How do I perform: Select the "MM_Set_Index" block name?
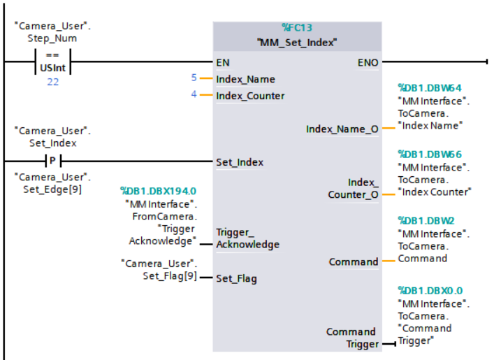(297, 42)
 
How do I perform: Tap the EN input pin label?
(223, 62)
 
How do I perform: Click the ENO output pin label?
(368, 62)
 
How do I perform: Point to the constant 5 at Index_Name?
(194, 78)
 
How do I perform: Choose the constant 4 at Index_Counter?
(194, 95)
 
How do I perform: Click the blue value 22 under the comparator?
(52, 82)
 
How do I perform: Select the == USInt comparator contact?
(52, 62)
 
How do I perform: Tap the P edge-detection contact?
(52, 161)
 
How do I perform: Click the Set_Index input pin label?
(240, 162)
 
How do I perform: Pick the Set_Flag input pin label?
(236, 278)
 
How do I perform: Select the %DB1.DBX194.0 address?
(158, 190)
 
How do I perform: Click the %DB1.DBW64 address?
(430, 88)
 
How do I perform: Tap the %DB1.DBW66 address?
(430, 154)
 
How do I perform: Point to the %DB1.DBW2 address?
(426, 220)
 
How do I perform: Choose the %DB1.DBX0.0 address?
(430, 290)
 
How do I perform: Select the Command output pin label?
(353, 261)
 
